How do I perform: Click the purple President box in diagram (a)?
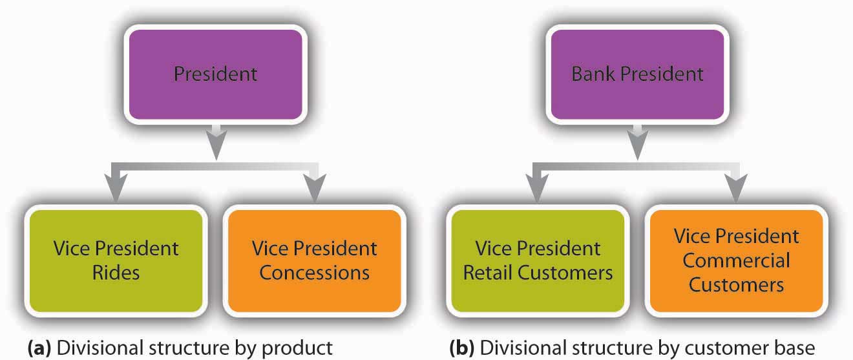[215, 74]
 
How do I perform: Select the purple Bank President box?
[637, 74]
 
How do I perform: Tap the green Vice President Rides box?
[116, 260]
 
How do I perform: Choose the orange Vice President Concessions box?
[314, 260]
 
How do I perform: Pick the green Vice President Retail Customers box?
[538, 260]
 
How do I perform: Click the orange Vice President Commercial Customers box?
[736, 260]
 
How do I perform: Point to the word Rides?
[116, 272]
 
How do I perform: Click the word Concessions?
[314, 272]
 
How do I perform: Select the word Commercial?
[736, 260]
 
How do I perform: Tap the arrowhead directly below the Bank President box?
[638, 148]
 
